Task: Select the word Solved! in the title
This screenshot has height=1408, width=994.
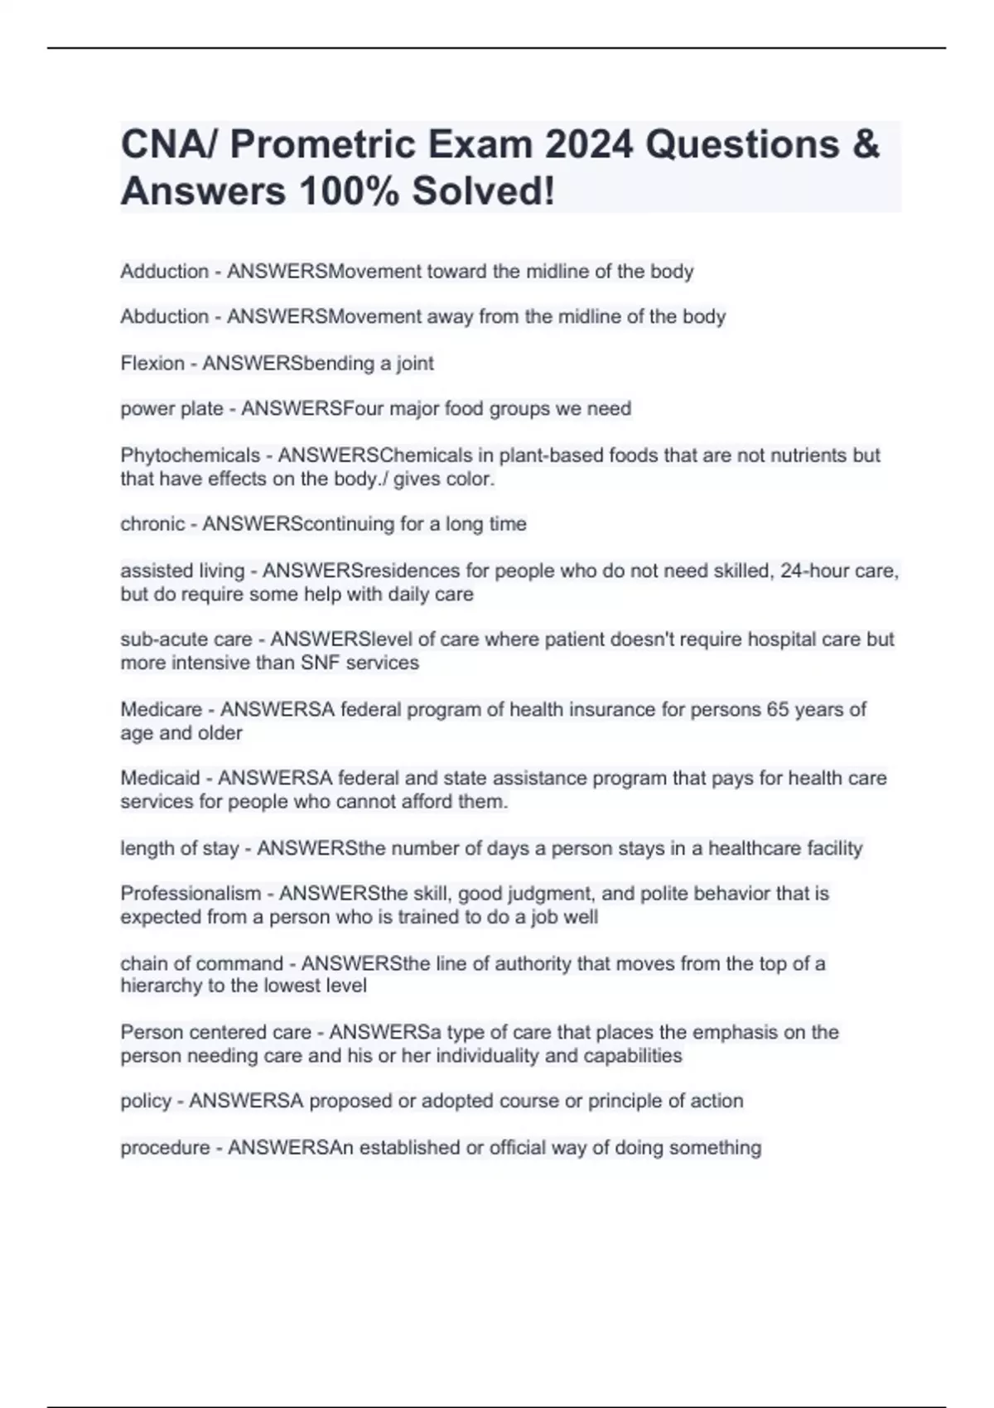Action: (484, 191)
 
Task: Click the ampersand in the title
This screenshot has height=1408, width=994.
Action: (864, 145)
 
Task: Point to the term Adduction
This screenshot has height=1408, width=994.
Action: (164, 272)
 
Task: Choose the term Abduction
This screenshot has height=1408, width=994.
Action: (164, 316)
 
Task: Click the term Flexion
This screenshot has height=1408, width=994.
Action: (152, 364)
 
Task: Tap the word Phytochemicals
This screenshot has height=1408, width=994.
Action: (190, 456)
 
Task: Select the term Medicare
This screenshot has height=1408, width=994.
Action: (162, 710)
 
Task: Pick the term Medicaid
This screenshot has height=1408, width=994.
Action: (160, 779)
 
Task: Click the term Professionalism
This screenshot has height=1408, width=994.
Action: (191, 894)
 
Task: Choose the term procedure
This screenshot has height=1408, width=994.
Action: (165, 1148)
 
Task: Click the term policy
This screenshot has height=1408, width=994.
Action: (146, 1102)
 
